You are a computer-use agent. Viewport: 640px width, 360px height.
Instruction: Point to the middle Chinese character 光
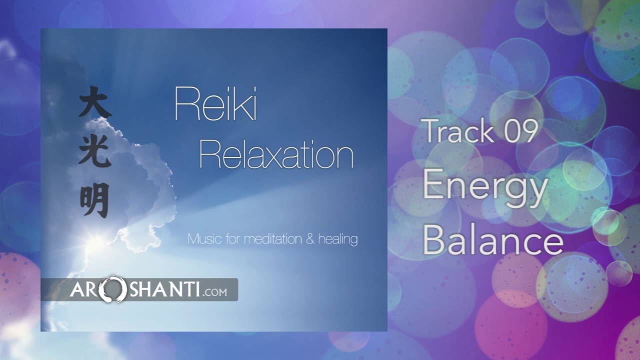click(x=94, y=150)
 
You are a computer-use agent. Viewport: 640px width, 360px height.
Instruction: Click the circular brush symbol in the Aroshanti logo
click(x=111, y=289)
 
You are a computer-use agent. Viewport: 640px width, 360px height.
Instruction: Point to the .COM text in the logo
click(x=216, y=291)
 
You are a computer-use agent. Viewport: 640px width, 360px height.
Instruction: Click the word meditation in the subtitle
click(x=273, y=239)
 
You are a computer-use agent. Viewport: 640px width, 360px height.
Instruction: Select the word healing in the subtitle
click(x=338, y=239)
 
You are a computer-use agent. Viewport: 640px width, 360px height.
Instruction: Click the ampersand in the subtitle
click(x=309, y=239)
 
